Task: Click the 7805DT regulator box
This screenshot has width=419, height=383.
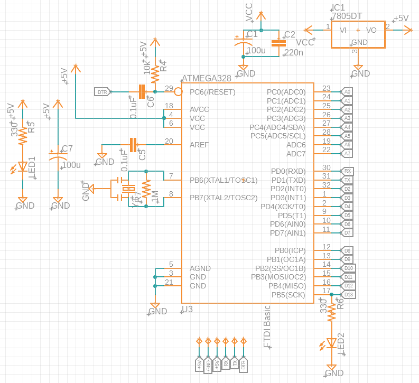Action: [x=358, y=35]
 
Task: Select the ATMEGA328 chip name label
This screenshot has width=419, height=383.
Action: [x=207, y=78]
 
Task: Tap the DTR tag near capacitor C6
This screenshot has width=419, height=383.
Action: [x=103, y=92]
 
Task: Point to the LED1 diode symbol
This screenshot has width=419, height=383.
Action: [x=23, y=167]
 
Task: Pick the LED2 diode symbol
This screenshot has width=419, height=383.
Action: [x=331, y=343]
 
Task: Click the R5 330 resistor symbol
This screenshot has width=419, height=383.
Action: [x=23, y=136]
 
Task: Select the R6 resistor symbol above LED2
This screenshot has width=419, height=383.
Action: [x=331, y=313]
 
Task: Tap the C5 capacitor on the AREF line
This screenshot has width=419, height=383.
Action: [x=133, y=144]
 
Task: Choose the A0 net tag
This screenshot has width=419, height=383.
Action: [x=347, y=92]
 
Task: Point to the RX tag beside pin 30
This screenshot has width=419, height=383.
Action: [x=347, y=171]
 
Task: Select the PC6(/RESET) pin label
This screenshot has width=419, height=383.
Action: [x=212, y=92]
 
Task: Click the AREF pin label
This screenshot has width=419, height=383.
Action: [x=199, y=144]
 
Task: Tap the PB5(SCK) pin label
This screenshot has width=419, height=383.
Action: [x=288, y=295]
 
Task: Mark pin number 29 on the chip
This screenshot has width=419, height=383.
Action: [x=169, y=88]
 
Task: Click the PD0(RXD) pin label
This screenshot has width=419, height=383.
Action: [x=287, y=171]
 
